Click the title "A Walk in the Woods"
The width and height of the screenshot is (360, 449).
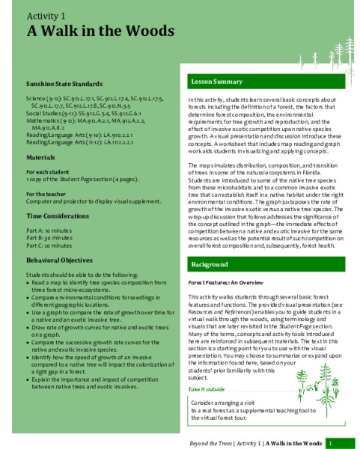pos(101,31)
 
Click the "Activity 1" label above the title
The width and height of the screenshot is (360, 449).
pos(46,15)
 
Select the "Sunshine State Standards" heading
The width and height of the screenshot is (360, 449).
pos(65,83)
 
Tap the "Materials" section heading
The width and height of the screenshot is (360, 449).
pos(40,158)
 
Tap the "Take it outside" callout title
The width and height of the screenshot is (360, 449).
pos(206,389)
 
